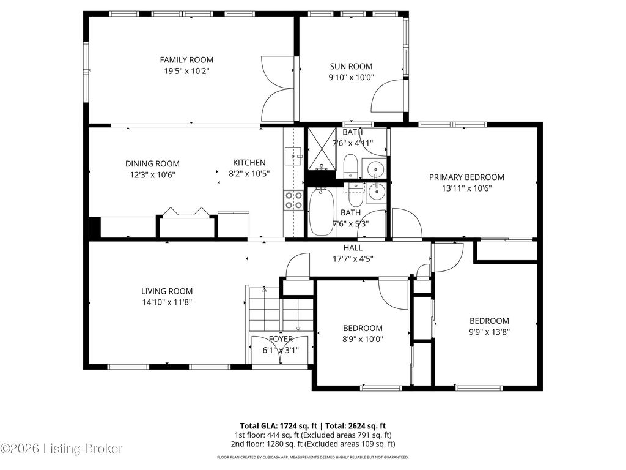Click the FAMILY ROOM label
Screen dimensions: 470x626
point(186,59)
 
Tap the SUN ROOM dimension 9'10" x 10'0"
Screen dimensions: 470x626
point(351,77)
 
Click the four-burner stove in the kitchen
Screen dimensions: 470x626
point(293,200)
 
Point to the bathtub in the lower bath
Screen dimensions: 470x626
point(321,212)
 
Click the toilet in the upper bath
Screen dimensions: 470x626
point(350,165)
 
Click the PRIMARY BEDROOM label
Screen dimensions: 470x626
point(466,177)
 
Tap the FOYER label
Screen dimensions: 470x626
point(281,339)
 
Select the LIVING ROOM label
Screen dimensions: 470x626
point(167,291)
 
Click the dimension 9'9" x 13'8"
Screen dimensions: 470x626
point(489,332)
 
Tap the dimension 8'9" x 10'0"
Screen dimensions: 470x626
point(363,339)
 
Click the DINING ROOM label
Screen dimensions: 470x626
point(152,163)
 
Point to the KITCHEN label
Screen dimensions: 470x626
point(249,162)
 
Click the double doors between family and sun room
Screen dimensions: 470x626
point(279,89)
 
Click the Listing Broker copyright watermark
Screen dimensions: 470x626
point(62,449)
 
